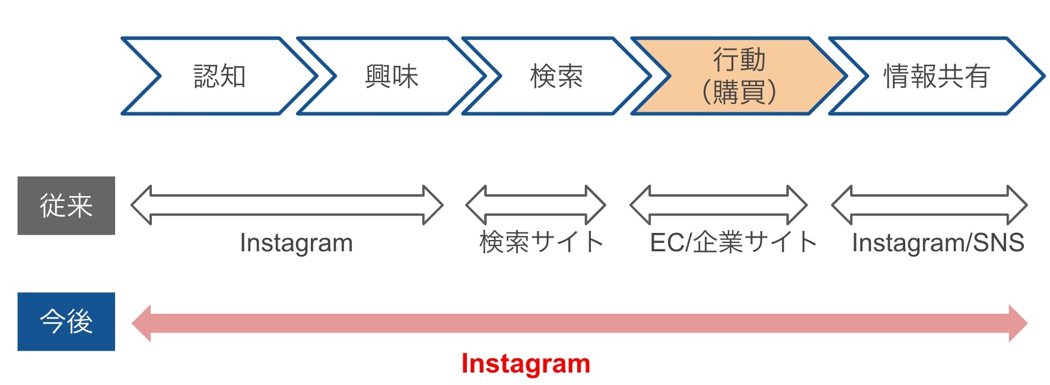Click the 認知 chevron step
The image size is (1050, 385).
click(x=219, y=76)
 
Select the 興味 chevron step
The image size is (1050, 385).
click(x=392, y=76)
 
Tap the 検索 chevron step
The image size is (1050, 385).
click(x=556, y=76)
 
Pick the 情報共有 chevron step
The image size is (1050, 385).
click(x=936, y=76)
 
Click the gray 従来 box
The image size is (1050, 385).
click(x=66, y=206)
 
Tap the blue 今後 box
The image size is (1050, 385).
click(x=66, y=321)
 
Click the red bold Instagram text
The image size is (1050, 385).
click(x=526, y=364)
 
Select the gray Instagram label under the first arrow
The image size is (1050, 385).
click(x=296, y=243)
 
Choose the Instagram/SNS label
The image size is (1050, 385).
click(x=938, y=242)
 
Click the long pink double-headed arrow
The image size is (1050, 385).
click(x=579, y=323)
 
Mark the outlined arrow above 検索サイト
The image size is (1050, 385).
click(x=536, y=205)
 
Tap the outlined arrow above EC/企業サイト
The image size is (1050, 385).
click(x=718, y=205)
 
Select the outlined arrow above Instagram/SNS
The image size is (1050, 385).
click(x=929, y=205)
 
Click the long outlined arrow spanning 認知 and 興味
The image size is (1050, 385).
click(x=287, y=205)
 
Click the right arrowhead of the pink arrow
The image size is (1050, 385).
click(x=1018, y=323)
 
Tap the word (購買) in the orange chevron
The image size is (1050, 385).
click(x=739, y=92)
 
